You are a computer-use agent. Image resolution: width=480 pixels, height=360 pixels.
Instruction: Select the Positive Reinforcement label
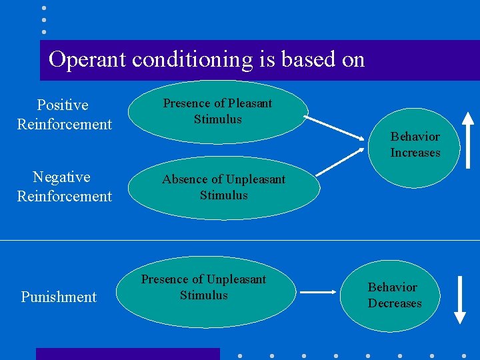(x=64, y=115)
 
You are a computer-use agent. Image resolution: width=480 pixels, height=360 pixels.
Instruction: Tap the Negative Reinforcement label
(x=64, y=187)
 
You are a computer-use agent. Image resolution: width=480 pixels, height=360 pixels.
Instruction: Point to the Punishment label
(x=59, y=297)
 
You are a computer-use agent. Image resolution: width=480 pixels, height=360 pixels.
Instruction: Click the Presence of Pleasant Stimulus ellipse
(x=218, y=112)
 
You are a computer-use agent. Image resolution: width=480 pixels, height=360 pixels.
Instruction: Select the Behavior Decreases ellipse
(x=395, y=295)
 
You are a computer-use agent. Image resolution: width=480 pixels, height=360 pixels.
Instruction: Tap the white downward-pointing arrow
(x=459, y=299)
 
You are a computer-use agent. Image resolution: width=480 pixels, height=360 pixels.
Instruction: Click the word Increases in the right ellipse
(x=415, y=153)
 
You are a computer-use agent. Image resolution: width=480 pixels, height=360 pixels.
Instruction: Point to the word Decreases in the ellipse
(x=395, y=304)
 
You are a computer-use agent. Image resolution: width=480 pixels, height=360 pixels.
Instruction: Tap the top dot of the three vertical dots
(x=44, y=8)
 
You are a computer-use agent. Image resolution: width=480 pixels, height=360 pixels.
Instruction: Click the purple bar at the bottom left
(x=127, y=353)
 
